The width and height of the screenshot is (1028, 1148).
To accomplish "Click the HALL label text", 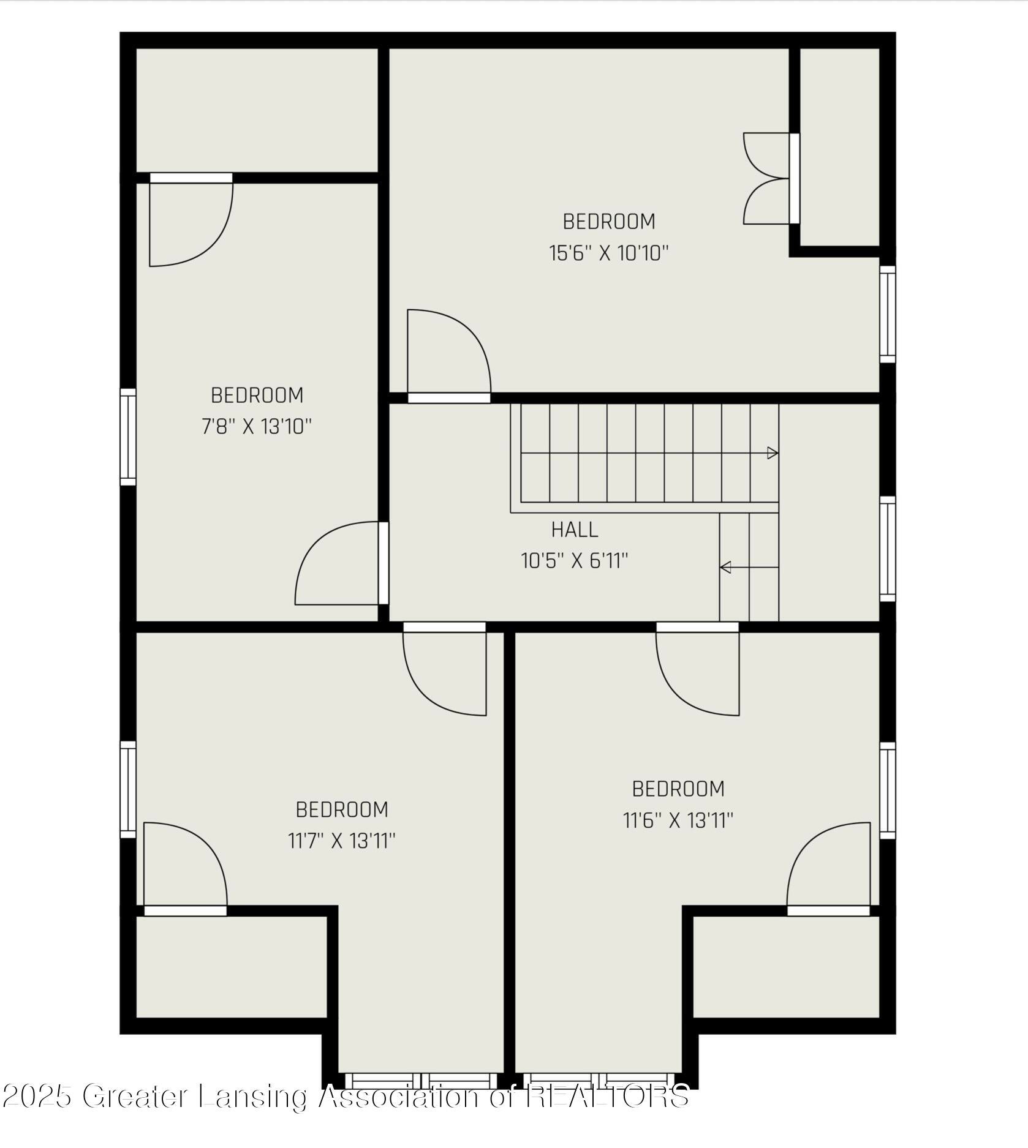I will click(x=574, y=529).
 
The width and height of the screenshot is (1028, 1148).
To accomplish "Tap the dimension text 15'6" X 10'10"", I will click(x=608, y=253).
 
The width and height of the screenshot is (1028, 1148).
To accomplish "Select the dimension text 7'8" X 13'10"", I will click(x=257, y=426).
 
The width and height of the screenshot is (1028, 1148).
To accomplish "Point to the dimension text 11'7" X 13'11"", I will click(x=342, y=841).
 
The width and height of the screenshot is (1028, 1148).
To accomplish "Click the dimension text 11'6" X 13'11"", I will click(x=678, y=820).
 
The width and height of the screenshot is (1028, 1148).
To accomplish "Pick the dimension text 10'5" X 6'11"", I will click(x=574, y=560).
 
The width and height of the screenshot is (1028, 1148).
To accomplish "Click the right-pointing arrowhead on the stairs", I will click(x=773, y=453).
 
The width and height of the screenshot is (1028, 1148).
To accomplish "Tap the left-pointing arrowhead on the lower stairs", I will click(x=726, y=568).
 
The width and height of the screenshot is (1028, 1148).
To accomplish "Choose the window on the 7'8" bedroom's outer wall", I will click(x=127, y=437).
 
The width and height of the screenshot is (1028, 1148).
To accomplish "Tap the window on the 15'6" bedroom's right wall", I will click(x=887, y=314).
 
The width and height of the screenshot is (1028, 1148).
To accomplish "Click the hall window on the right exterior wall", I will click(x=887, y=549).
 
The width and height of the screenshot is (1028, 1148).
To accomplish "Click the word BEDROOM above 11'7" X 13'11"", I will click(x=342, y=809).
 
